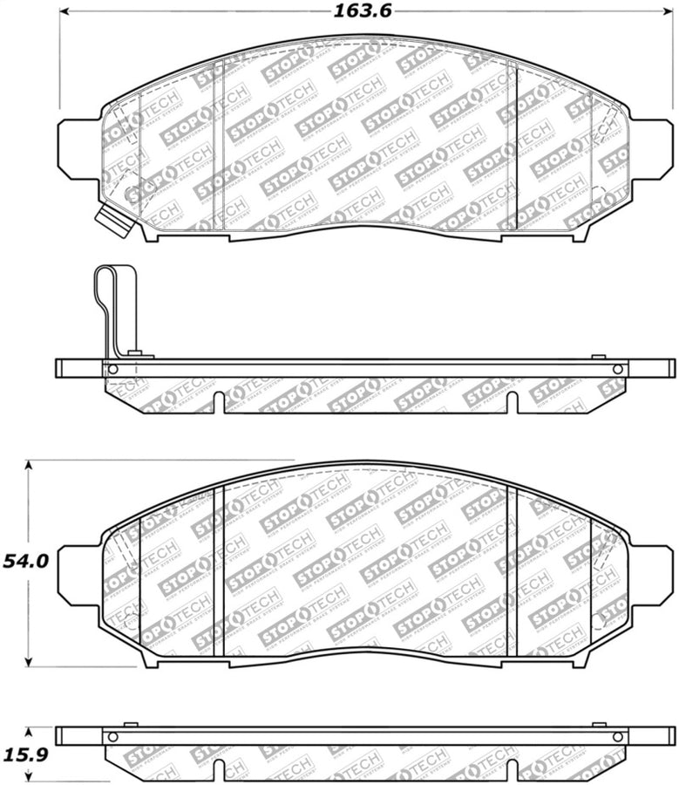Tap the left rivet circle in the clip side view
point(112,369)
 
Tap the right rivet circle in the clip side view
point(617,369)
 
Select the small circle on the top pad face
point(132,195)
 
